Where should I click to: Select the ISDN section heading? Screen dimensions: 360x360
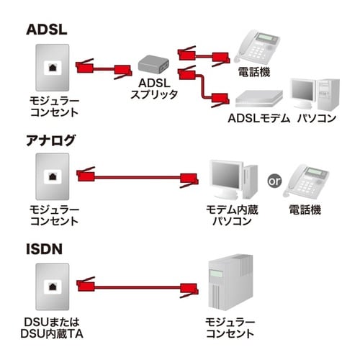click(x=44, y=248)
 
